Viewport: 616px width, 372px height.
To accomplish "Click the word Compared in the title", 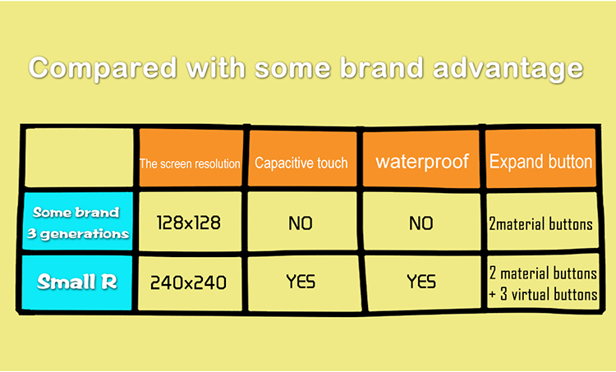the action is [x=103, y=68].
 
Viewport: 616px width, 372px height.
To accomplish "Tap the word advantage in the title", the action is [x=508, y=69].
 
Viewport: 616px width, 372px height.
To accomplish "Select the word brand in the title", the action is [x=382, y=67].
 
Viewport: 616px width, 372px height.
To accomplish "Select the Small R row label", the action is [x=77, y=282].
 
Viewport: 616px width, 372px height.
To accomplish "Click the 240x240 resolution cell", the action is [x=189, y=282].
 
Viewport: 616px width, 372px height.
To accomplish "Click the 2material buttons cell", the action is [x=541, y=224].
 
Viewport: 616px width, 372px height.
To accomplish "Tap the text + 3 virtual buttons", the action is [x=544, y=294].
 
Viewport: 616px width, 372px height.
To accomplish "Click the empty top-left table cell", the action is [x=79, y=158].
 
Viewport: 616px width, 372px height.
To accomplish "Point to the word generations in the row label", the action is [x=85, y=234].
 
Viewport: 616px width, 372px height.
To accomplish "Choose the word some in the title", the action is [x=293, y=69].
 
